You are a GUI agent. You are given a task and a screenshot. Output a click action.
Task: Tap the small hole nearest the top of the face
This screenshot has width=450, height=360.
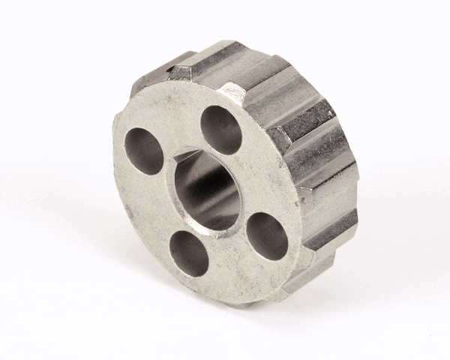pyautogui.click(x=221, y=129)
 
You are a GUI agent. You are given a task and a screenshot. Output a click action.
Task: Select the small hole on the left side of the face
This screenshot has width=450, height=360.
pyautogui.click(x=144, y=151)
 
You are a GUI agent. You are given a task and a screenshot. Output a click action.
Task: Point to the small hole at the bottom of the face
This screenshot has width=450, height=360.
pyautogui.click(x=189, y=253)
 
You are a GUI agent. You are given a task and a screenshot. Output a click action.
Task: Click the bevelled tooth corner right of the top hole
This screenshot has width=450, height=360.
pyautogui.click(x=232, y=94)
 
